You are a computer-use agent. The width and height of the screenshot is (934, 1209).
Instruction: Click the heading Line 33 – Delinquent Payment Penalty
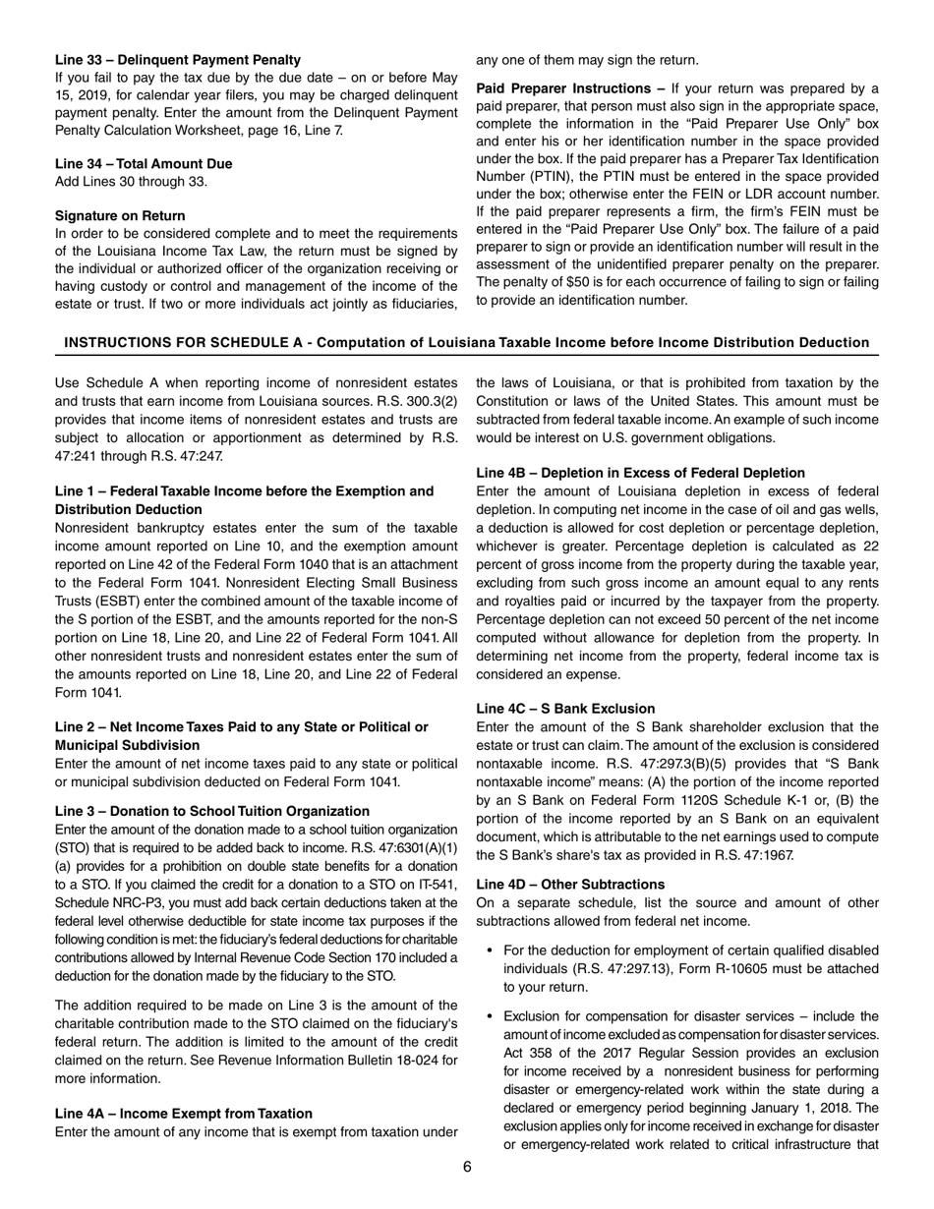[178, 60]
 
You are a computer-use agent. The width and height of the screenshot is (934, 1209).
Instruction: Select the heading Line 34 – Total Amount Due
[144, 163]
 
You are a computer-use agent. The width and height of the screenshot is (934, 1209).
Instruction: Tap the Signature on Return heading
[120, 215]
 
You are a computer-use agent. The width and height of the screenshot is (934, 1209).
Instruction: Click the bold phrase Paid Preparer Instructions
[565, 87]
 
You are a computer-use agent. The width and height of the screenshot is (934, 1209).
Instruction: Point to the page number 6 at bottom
[467, 1167]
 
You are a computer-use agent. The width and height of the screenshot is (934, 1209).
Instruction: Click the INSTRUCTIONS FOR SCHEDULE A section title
[466, 342]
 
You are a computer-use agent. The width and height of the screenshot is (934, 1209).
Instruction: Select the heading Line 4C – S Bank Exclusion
[565, 709]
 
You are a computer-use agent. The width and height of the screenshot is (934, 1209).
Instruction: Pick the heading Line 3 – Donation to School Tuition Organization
[212, 811]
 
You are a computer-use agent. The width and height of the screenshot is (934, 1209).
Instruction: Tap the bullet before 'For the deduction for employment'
[490, 950]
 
